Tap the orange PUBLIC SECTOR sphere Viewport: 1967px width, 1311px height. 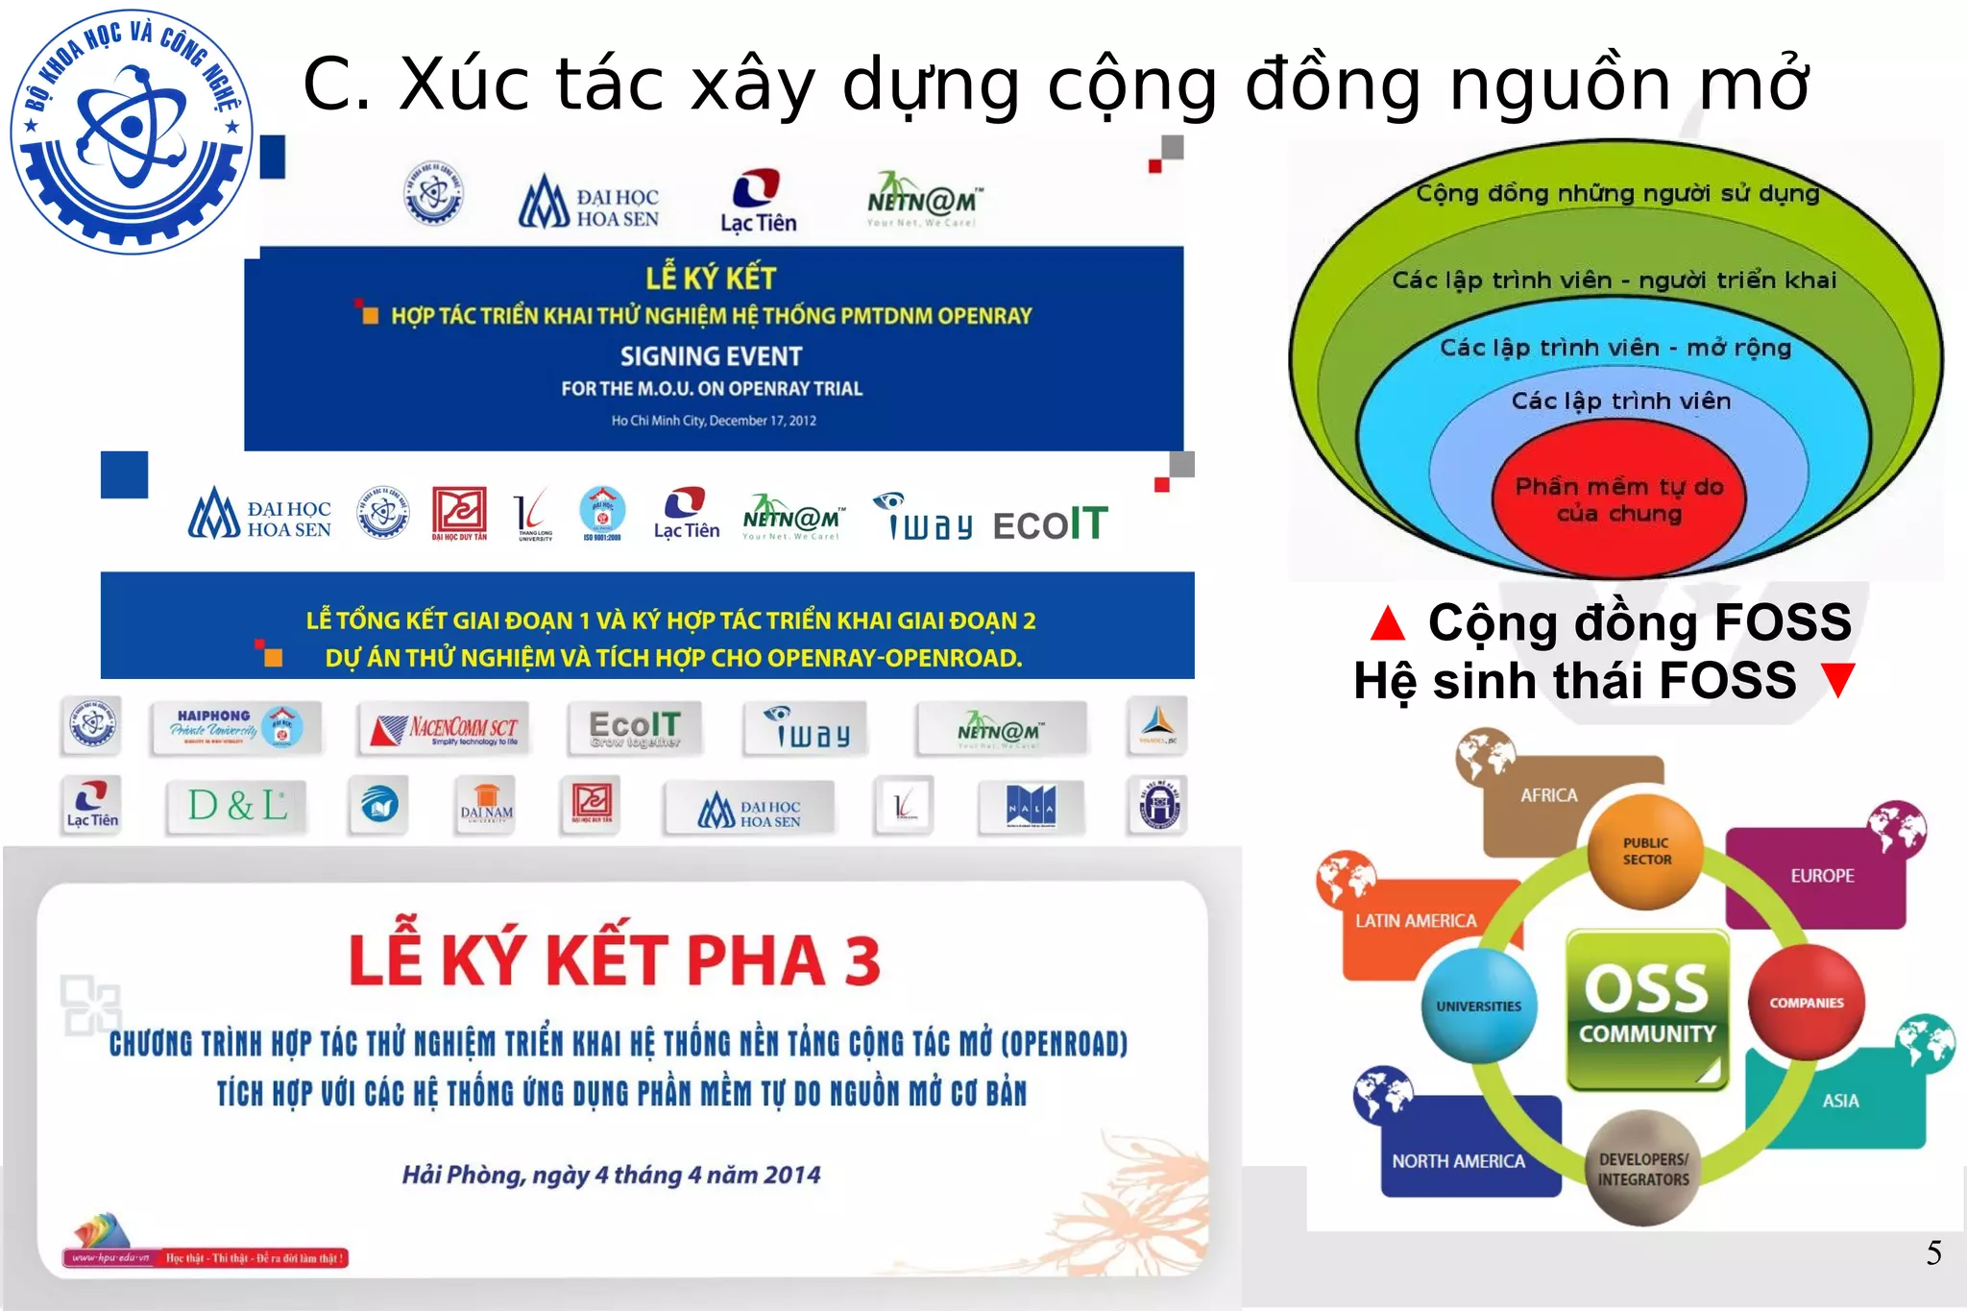pyautogui.click(x=1646, y=852)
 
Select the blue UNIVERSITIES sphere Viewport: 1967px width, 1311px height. pyautogui.click(x=1479, y=1006)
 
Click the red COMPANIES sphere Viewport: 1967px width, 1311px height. pyautogui.click(x=1807, y=1002)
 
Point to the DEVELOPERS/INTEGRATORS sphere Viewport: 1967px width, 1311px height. pyautogui.click(x=1643, y=1168)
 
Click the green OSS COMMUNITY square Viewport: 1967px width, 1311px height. pyautogui.click(x=1647, y=1008)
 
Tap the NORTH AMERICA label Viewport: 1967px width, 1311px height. pyautogui.click(x=1458, y=1161)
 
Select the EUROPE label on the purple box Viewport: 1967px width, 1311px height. pyautogui.click(x=1822, y=876)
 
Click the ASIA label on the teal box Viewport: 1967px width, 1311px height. pyautogui.click(x=1840, y=1101)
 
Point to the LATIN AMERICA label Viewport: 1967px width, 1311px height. pyautogui.click(x=1416, y=920)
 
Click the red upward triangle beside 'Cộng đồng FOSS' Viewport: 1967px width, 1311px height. pyautogui.click(x=1388, y=623)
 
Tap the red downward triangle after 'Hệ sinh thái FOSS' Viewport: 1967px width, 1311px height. pyautogui.click(x=1838, y=681)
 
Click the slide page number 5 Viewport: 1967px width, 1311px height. pyautogui.click(x=1933, y=1252)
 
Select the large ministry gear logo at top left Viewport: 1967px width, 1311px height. pyautogui.click(x=132, y=132)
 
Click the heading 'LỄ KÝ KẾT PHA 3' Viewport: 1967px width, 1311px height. pyautogui.click(x=615, y=960)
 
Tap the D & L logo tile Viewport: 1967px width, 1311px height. pyautogui.click(x=237, y=805)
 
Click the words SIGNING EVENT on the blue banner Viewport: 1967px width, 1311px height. pyautogui.click(x=711, y=356)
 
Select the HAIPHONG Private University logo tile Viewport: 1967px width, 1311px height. pyautogui.click(x=235, y=727)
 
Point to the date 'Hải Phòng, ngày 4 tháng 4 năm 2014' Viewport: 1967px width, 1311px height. pyautogui.click(x=611, y=1175)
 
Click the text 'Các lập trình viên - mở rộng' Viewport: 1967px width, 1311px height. pyautogui.click(x=1615, y=348)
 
